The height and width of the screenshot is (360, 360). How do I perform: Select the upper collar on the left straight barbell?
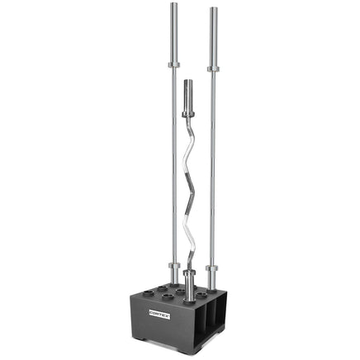174,64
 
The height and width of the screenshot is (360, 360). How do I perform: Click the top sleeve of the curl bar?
187,97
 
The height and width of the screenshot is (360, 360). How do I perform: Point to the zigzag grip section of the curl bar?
194,190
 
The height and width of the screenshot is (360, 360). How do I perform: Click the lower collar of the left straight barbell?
174,267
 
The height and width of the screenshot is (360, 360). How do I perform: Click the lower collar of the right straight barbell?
213,268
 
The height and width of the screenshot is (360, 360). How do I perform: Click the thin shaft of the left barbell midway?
174,165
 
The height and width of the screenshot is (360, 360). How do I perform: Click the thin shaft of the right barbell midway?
213,165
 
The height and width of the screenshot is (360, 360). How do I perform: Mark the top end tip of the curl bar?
187,81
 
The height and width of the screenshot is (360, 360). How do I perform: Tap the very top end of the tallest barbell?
174,4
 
